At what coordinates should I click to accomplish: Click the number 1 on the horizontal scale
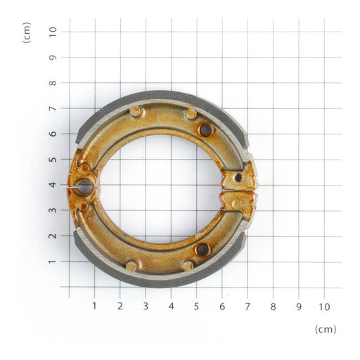tap(94, 307)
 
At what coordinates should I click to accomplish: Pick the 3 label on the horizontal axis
tap(146, 307)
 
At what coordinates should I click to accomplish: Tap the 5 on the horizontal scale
tap(196, 307)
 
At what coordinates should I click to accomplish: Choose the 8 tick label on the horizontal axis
tap(273, 307)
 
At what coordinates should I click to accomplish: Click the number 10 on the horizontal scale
tap(323, 307)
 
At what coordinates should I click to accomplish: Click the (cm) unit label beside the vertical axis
tap(27, 32)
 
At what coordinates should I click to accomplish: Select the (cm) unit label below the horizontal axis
tap(326, 328)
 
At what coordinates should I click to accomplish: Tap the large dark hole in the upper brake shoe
tap(205, 129)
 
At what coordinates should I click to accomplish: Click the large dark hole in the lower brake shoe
tap(202, 249)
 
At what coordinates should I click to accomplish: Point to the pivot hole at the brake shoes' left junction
tap(84, 188)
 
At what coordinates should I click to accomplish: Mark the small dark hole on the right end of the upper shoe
tap(238, 178)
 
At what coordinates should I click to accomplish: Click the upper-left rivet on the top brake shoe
tap(135, 111)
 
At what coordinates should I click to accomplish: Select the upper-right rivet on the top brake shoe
tap(191, 113)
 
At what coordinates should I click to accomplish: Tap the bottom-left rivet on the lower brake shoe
tap(131, 266)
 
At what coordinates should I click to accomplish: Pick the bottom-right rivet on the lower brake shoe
tap(187, 266)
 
